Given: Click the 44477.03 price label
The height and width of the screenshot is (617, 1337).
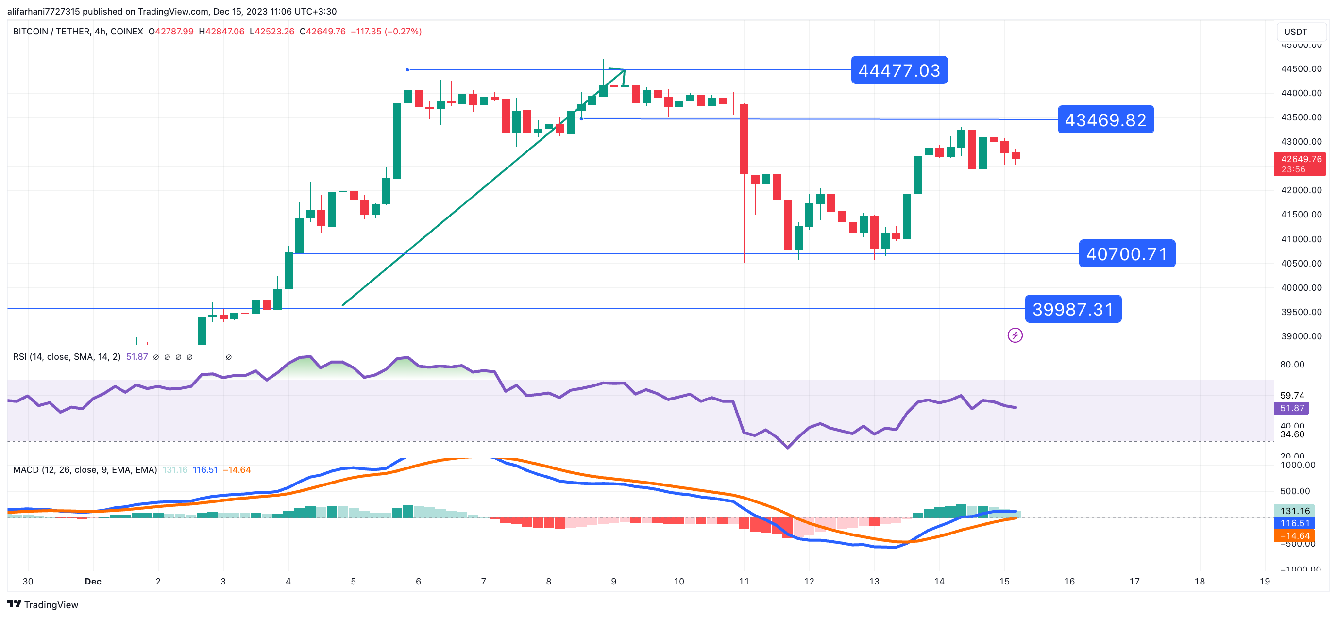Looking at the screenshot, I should [x=899, y=70].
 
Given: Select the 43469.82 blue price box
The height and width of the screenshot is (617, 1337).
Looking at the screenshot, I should [x=1105, y=120].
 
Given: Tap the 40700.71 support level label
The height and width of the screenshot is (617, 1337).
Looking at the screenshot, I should [x=1127, y=254].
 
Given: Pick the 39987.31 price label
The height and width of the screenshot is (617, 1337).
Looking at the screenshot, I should [x=1073, y=309].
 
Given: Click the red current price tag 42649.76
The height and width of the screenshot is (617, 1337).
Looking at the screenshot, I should [x=1300, y=159].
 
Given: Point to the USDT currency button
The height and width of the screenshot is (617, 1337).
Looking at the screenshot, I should [x=1296, y=32].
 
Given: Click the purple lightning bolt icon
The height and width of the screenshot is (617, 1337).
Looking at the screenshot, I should [x=1015, y=335].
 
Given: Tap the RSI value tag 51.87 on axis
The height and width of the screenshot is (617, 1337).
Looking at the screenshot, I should [x=1291, y=408].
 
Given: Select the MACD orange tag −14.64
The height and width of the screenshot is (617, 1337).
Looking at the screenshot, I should [x=1295, y=535].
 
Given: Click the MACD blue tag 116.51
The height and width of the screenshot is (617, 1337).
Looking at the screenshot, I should [x=1295, y=523].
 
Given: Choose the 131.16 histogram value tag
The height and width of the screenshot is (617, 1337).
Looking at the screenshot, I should [x=1295, y=511].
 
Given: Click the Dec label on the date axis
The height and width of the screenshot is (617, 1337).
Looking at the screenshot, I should [x=93, y=581].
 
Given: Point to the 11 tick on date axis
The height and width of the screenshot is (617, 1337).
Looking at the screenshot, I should [x=744, y=581].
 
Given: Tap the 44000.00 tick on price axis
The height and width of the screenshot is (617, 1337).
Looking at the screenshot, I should [x=1301, y=93].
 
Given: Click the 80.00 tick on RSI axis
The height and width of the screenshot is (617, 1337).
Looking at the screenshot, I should [x=1292, y=364].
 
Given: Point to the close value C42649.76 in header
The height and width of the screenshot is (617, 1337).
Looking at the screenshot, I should [x=322, y=32].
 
